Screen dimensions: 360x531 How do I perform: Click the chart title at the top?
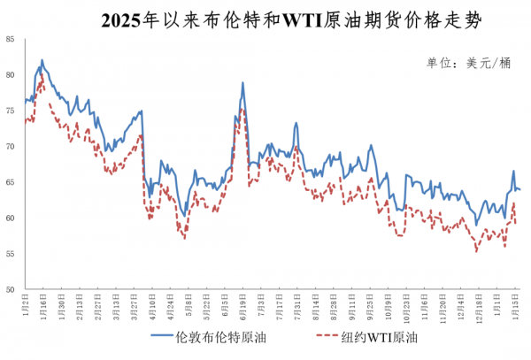click(265, 19)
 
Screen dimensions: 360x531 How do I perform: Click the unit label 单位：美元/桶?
click(469, 62)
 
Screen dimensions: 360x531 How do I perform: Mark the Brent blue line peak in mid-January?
click(42, 60)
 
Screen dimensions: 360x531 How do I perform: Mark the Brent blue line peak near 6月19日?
click(242, 83)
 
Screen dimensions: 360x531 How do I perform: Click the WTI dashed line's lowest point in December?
click(476, 251)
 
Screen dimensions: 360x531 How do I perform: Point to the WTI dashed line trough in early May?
click(184, 238)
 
